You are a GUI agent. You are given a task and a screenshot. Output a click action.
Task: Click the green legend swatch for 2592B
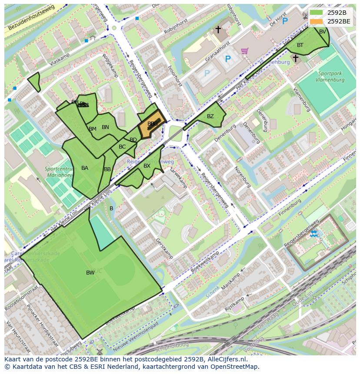point(317,12)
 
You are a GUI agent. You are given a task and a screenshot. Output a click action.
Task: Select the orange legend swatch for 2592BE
point(317,21)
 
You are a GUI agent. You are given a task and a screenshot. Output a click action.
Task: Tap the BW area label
point(90,273)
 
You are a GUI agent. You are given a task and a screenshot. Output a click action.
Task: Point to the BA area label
point(85,168)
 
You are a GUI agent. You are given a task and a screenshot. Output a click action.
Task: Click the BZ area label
point(210,116)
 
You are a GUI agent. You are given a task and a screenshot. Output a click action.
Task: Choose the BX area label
point(147,166)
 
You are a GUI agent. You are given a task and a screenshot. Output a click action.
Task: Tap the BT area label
point(300,45)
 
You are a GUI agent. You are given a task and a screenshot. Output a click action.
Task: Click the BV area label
point(323,32)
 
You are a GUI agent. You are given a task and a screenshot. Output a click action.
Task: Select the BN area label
point(105,127)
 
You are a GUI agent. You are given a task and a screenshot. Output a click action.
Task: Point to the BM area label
point(93,129)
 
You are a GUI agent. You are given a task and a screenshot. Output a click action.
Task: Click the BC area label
point(122,147)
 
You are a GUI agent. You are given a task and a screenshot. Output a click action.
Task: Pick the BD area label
point(133,140)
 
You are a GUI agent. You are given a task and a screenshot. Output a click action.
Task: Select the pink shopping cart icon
point(245,51)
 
